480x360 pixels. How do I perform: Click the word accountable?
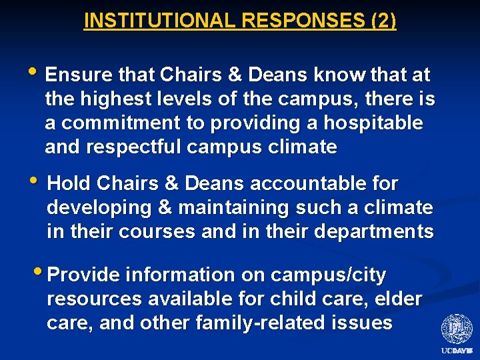coord(308,183)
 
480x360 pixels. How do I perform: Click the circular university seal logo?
coord(457,329)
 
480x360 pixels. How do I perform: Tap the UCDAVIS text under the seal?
coord(457,351)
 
